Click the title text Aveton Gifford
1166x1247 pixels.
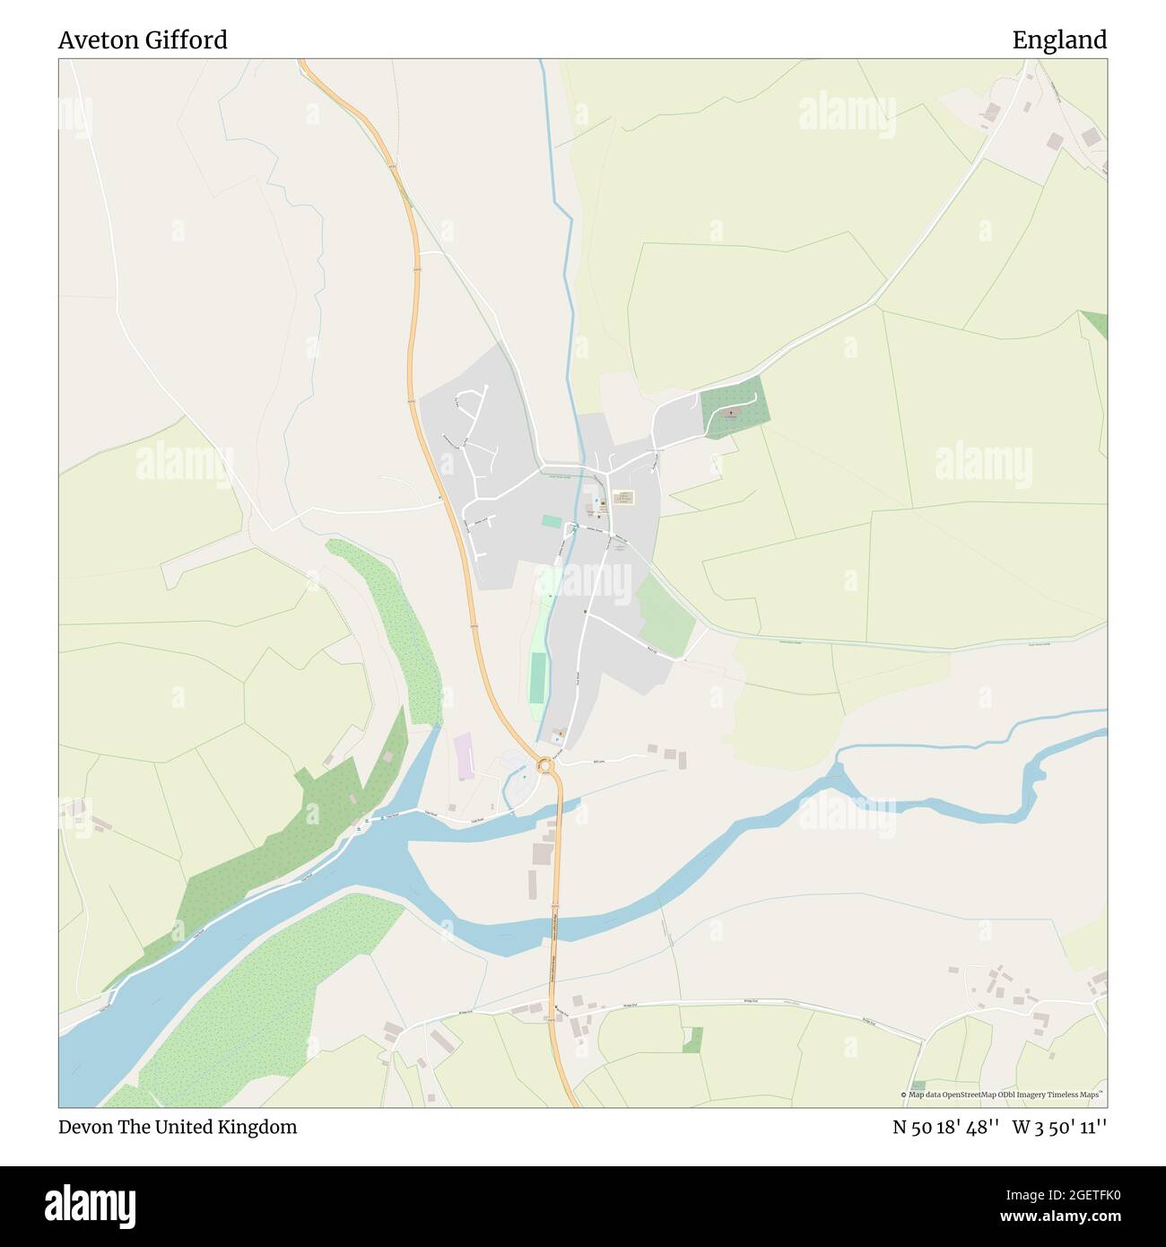pyautogui.click(x=143, y=40)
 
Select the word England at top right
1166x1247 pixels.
pyautogui.click(x=1059, y=40)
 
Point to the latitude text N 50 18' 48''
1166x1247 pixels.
pyautogui.click(x=946, y=1127)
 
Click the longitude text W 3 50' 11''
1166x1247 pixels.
pyautogui.click(x=1059, y=1127)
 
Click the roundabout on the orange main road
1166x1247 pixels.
pyautogui.click(x=544, y=766)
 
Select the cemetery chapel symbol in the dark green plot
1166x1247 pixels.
pyautogui.click(x=730, y=414)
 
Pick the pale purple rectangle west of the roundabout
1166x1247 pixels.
pyautogui.click(x=463, y=756)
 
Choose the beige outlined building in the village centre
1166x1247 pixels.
pyautogui.click(x=622, y=496)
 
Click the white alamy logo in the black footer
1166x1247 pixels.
pyautogui.click(x=91, y=1202)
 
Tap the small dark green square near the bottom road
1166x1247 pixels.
pyautogui.click(x=692, y=1040)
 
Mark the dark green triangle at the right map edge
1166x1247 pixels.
pyautogui.click(x=1097, y=323)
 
